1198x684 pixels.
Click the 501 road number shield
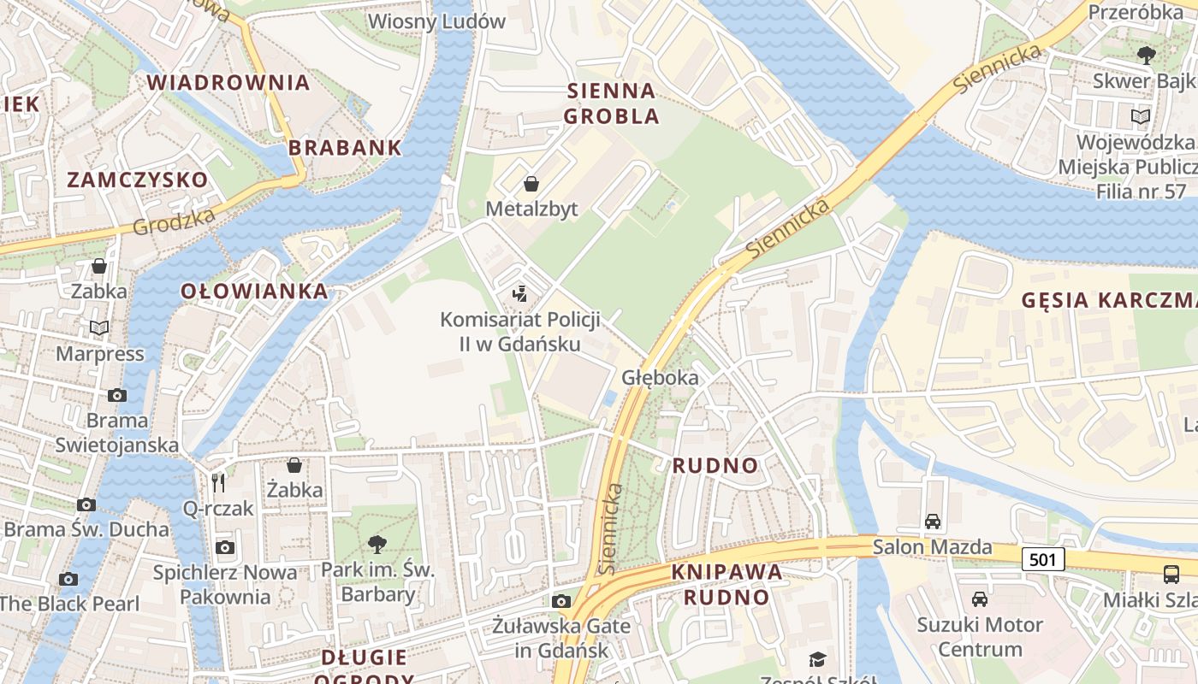pos(1042,559)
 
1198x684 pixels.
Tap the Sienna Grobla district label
pos(612,103)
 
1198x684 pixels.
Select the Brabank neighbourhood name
pos(345,147)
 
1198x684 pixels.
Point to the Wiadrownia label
pos(228,82)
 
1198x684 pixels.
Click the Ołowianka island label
pos(254,291)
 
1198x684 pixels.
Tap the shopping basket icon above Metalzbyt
pos(531,184)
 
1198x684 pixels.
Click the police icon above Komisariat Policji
pos(519,295)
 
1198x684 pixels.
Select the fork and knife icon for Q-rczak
pos(218,483)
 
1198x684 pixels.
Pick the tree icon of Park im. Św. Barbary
pos(377,544)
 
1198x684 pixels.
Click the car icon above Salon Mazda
pos(933,521)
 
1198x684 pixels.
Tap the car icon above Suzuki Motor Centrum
pos(980,599)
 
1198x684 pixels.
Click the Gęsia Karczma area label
pos(1109,300)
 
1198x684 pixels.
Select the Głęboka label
pos(660,377)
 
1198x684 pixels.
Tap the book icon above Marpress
pos(99,328)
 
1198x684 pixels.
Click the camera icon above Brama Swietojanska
pos(117,395)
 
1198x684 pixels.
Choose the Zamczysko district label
pos(137,180)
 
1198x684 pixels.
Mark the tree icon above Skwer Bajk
pos(1146,56)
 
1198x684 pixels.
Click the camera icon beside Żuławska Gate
pos(560,601)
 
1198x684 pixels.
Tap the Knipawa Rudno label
pos(727,584)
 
